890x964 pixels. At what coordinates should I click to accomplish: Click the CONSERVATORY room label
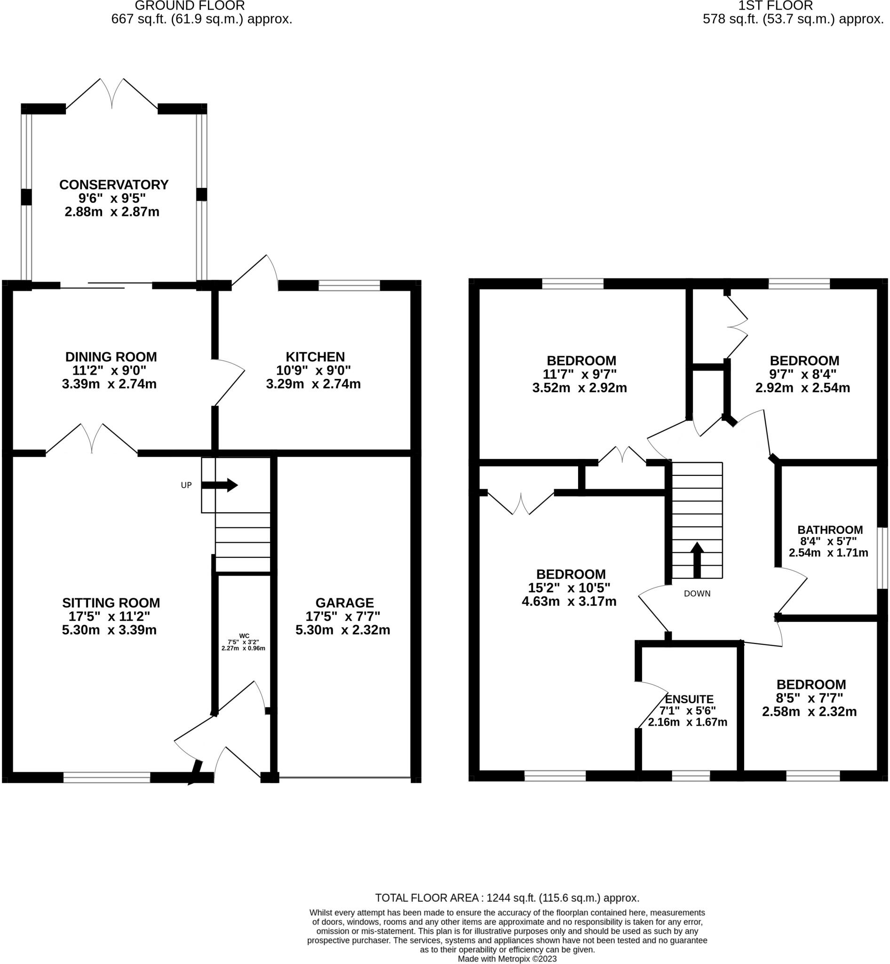tap(114, 185)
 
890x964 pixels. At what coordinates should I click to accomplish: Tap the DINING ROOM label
tap(111, 357)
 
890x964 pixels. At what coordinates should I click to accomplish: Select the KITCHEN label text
tap(316, 357)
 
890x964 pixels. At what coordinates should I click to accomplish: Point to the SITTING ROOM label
tap(111, 602)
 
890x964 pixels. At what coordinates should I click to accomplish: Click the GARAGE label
tap(345, 602)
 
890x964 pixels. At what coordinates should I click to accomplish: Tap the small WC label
tap(244, 636)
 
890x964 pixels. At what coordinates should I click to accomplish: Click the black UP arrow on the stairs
tap(220, 485)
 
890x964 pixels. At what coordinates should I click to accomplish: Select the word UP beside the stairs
tap(186, 485)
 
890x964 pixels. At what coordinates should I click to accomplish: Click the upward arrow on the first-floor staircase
tap(696, 560)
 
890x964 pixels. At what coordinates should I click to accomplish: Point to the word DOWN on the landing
tap(697, 594)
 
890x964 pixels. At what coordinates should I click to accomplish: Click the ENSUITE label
tap(689, 699)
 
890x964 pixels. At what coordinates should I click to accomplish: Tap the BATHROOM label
tap(830, 530)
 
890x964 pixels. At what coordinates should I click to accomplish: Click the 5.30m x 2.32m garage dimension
tap(343, 629)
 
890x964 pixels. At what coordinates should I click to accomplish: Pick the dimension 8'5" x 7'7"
tap(810, 698)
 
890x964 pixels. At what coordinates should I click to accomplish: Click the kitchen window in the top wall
tap(349, 285)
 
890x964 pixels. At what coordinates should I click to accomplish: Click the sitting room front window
tap(107, 777)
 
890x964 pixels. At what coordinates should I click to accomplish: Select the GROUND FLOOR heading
tap(190, 6)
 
